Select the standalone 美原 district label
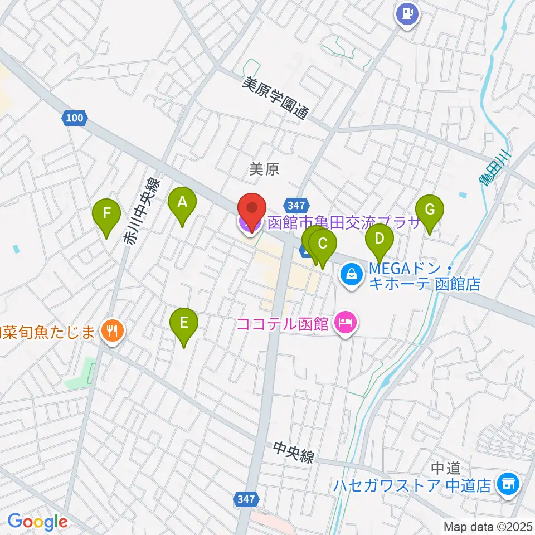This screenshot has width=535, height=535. coord(264,169)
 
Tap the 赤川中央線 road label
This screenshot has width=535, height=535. coord(141,212)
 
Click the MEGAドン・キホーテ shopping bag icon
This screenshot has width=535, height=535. coord(352,274)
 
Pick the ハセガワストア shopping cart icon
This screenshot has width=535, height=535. coord(507,483)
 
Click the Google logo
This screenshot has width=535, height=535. coord(37,522)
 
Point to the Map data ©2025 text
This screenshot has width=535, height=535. coord(488,526)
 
